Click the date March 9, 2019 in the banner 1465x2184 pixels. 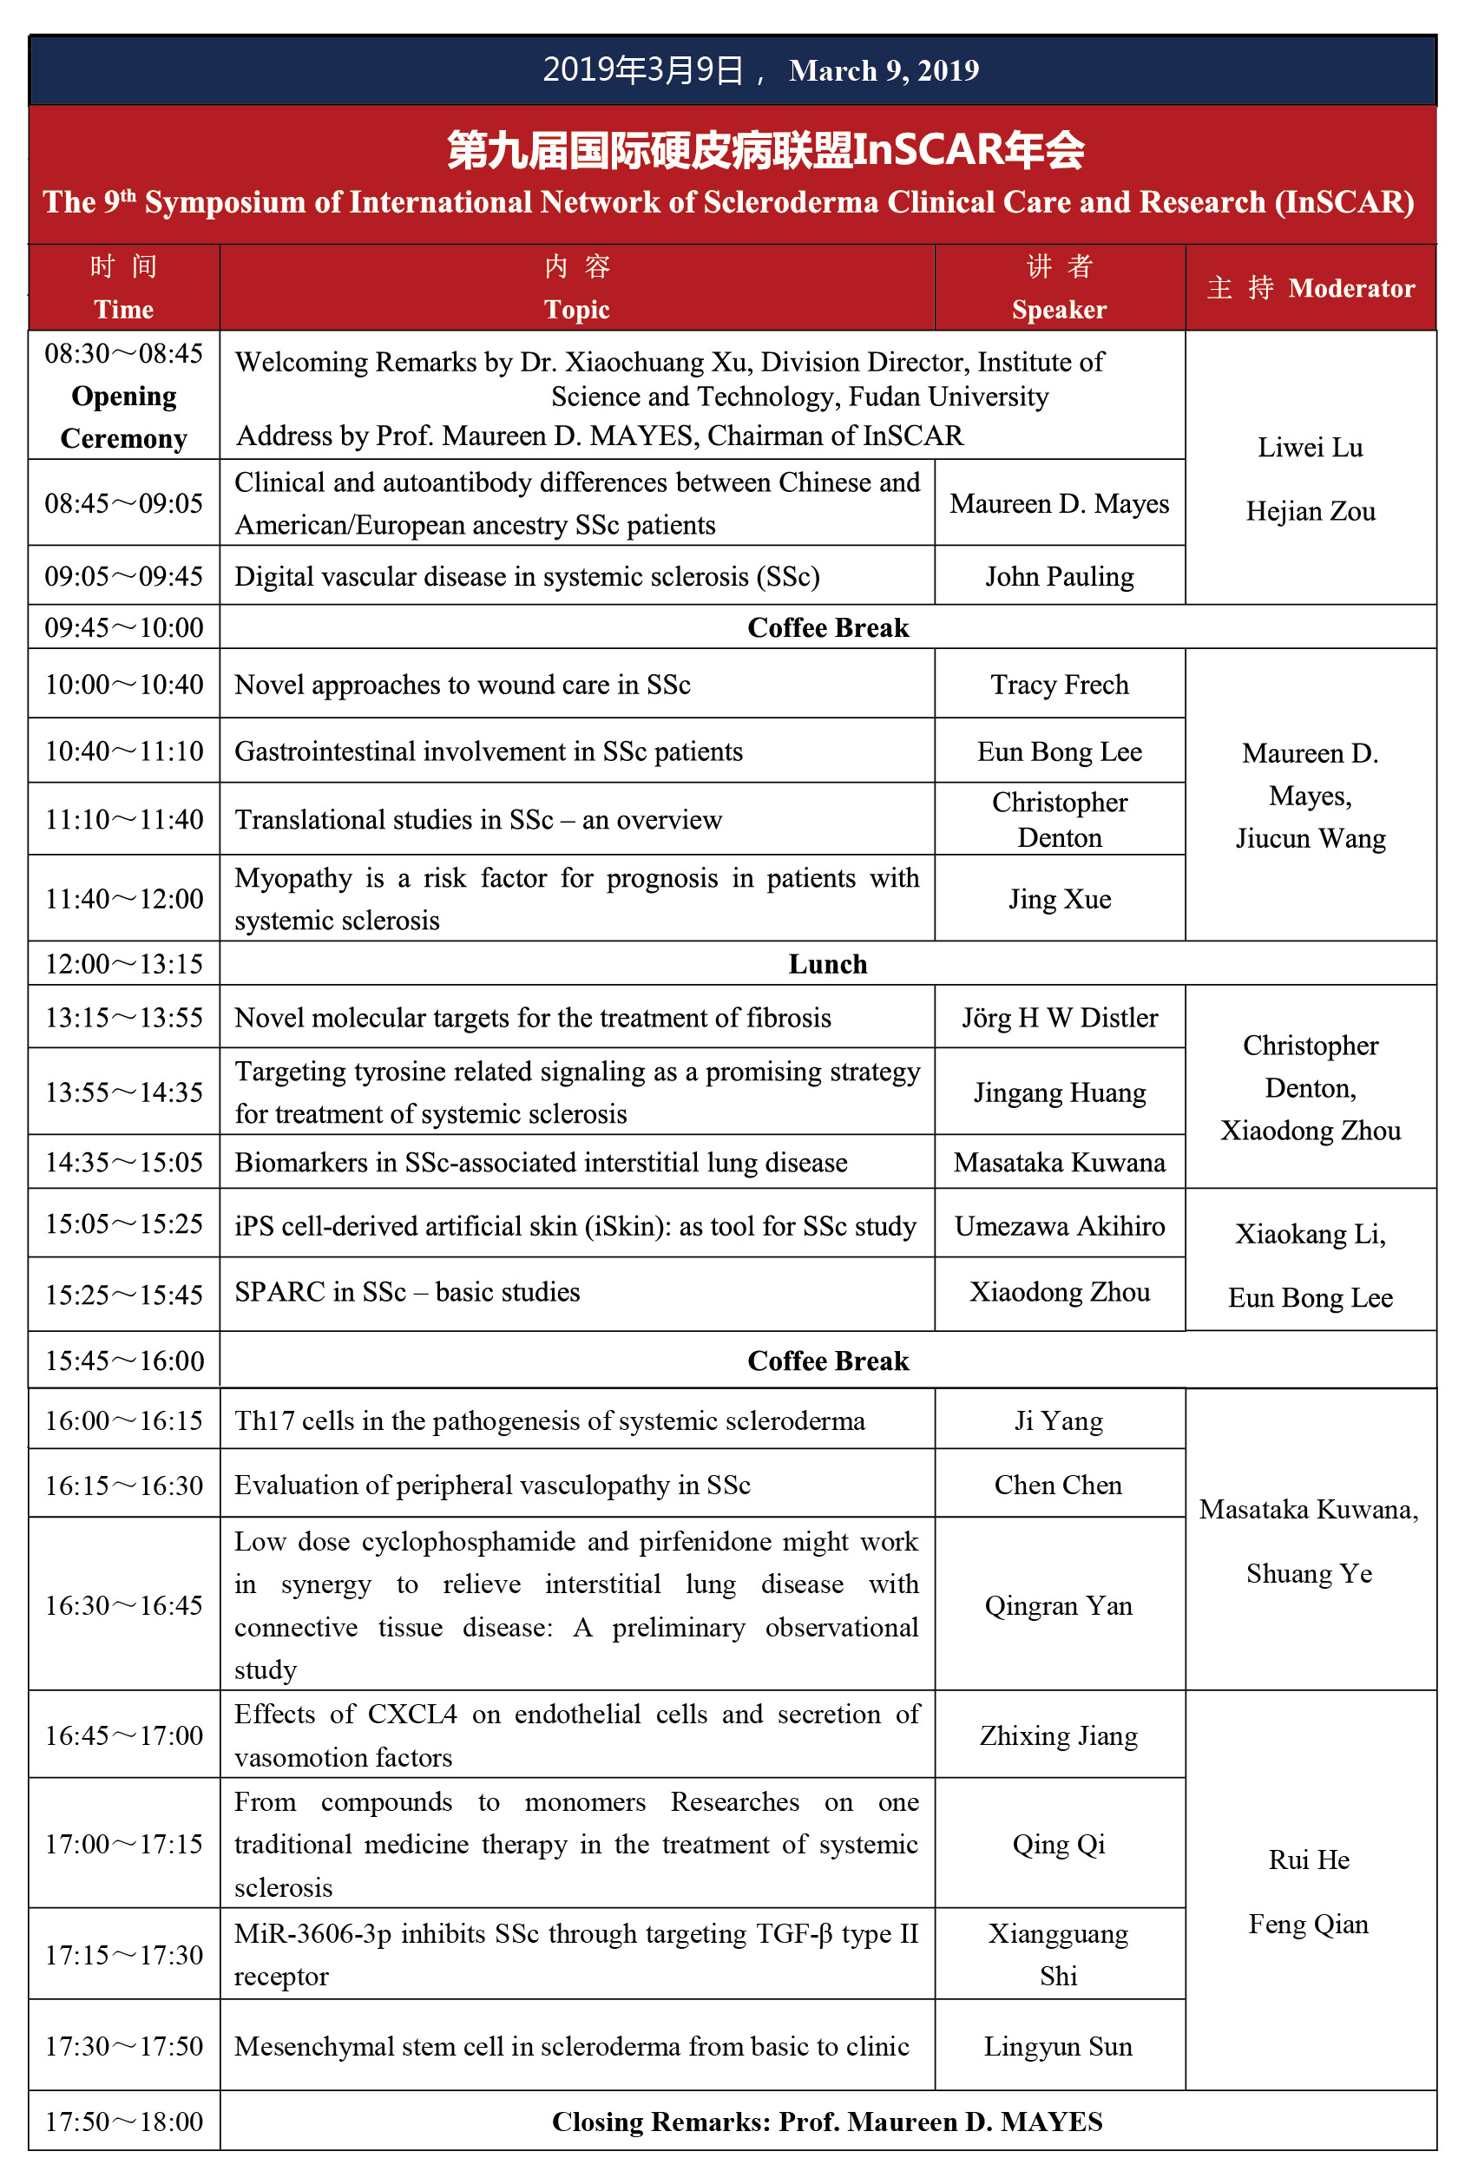(883, 71)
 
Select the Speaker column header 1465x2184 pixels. (1059, 309)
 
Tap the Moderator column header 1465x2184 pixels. (1351, 288)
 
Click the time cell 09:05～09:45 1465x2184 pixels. (124, 575)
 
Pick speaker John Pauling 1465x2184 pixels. (1060, 576)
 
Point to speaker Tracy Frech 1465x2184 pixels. (1060, 685)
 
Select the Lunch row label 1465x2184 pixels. (828, 964)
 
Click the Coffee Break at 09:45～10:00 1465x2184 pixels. (828, 627)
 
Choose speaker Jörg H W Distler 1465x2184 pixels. (1060, 1017)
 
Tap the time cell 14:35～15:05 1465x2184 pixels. (124, 1162)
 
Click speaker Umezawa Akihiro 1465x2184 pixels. (1060, 1225)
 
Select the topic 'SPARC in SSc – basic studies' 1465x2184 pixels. (407, 1292)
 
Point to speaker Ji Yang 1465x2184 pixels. (1059, 1420)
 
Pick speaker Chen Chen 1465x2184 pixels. (1058, 1486)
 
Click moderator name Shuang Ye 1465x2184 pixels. (1309, 1574)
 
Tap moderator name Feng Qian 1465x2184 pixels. (1308, 1925)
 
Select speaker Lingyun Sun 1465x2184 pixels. (1058, 2047)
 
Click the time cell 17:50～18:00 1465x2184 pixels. (124, 2122)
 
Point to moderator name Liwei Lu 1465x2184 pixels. (1310, 448)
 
